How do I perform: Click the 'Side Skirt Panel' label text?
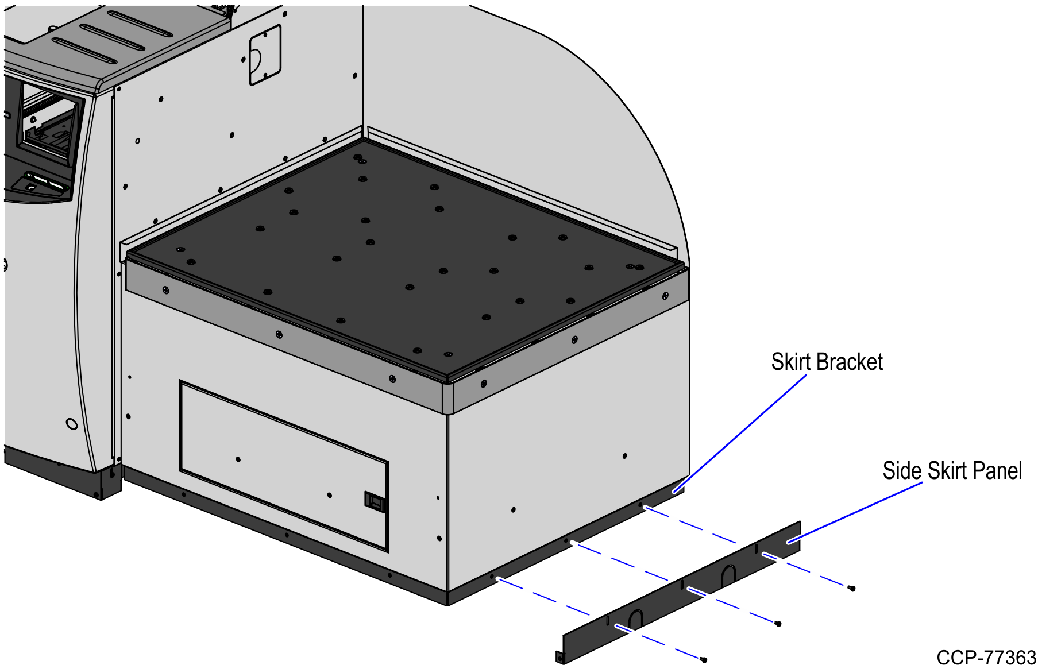(x=952, y=471)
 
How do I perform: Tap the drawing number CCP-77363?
(x=986, y=656)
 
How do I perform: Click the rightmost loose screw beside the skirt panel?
(x=852, y=588)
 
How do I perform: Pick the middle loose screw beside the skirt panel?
(x=778, y=624)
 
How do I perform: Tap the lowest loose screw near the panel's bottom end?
(x=704, y=660)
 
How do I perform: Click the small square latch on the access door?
(x=375, y=501)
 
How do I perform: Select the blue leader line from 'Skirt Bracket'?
(x=741, y=433)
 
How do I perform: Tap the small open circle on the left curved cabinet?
(x=72, y=424)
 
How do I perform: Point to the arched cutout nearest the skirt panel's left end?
(x=635, y=619)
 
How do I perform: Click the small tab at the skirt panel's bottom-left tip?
(x=560, y=657)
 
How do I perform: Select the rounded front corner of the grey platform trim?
(x=448, y=396)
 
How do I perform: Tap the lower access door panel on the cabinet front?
(x=284, y=465)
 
